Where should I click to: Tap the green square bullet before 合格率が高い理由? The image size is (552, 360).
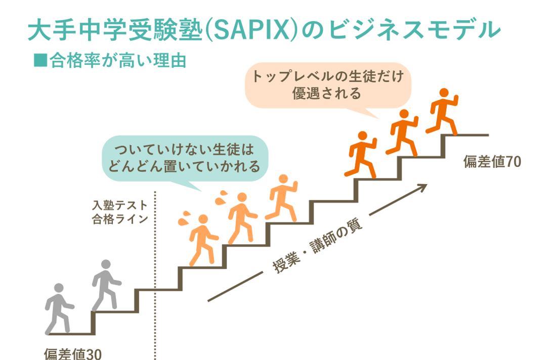point(40,60)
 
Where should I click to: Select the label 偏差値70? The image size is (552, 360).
point(492,161)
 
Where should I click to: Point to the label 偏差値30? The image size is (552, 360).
point(73,353)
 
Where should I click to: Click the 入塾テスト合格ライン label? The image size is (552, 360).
point(120,212)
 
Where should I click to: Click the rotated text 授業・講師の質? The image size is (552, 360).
point(317,246)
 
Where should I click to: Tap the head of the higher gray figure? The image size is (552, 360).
point(106,264)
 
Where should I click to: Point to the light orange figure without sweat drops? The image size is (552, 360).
point(282,198)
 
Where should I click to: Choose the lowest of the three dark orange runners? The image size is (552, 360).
point(360,155)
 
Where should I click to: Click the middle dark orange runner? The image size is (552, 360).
point(402,132)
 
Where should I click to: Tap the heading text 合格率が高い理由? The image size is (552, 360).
point(118,61)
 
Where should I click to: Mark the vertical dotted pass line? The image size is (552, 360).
point(155,276)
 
